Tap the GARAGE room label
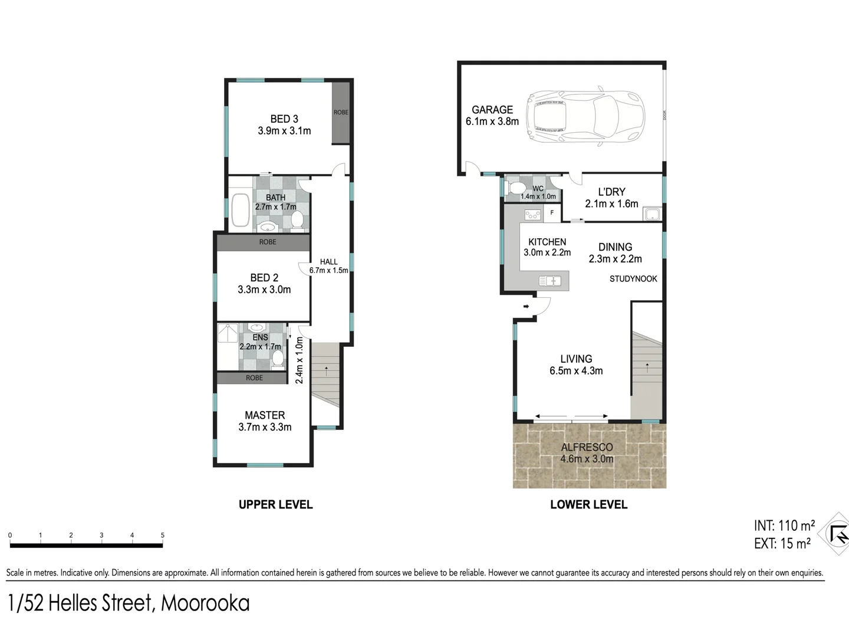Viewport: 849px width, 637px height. pyautogui.click(x=492, y=110)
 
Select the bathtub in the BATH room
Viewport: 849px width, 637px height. pyautogui.click(x=240, y=211)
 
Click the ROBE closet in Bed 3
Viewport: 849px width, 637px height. pyautogui.click(x=341, y=113)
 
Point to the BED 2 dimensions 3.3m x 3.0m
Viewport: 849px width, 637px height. pyautogui.click(x=264, y=290)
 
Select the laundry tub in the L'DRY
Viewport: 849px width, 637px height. pyautogui.click(x=652, y=214)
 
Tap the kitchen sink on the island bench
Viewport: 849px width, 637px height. pyautogui.click(x=549, y=281)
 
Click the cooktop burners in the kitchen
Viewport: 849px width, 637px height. pyautogui.click(x=532, y=215)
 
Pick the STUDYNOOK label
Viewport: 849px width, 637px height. pyautogui.click(x=633, y=279)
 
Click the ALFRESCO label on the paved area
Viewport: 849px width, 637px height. pyautogui.click(x=587, y=447)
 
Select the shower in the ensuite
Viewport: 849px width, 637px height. pyautogui.click(x=227, y=333)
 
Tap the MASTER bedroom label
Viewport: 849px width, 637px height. pyautogui.click(x=265, y=415)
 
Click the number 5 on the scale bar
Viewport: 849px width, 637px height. pyautogui.click(x=162, y=536)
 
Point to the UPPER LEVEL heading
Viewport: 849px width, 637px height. pyautogui.click(x=275, y=505)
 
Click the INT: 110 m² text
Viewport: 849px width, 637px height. pyautogui.click(x=784, y=525)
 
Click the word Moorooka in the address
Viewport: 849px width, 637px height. pyautogui.click(x=205, y=603)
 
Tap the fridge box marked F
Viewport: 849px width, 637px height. pyautogui.click(x=552, y=213)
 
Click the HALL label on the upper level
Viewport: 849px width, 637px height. pyautogui.click(x=329, y=262)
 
